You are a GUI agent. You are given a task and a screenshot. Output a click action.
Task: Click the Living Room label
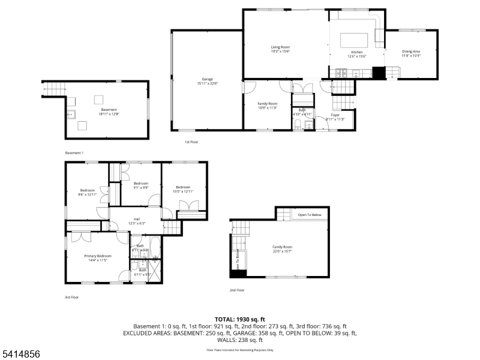point(280,49)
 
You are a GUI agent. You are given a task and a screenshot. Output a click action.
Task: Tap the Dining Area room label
point(410,53)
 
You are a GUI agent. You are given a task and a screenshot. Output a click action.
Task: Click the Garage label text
point(208,81)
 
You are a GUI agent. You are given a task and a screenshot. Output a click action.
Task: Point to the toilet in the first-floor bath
point(298,124)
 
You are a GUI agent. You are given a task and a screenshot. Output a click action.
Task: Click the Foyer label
point(335,116)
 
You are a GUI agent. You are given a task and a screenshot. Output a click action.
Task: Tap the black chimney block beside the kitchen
point(379,73)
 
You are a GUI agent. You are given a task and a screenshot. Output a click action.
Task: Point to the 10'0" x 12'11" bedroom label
point(183,188)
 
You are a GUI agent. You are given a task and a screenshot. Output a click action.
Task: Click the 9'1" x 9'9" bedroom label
point(141,185)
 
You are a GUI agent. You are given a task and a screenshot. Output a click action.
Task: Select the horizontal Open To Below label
point(310,215)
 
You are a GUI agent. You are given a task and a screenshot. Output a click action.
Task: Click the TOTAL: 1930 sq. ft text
point(239,319)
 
